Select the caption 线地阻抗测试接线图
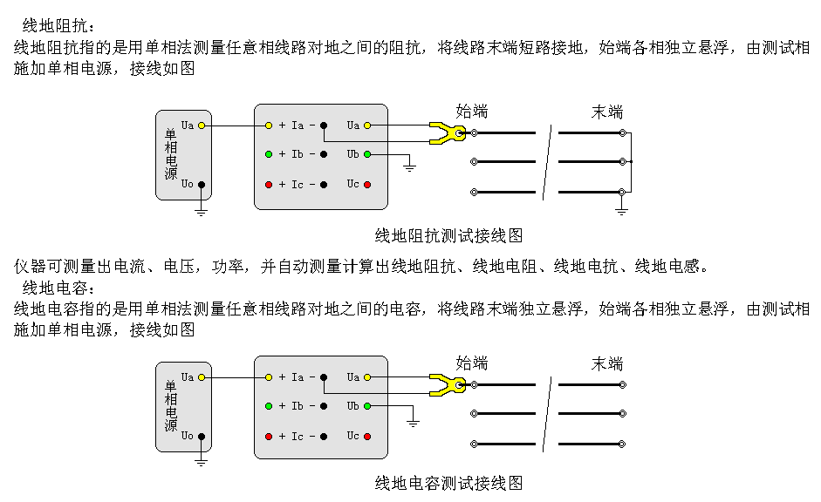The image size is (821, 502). (448, 235)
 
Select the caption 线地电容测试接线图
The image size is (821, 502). (448, 482)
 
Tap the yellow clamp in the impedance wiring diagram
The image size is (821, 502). (447, 133)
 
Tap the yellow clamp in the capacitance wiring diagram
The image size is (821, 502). (447, 383)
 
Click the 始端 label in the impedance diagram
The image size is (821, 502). (472, 111)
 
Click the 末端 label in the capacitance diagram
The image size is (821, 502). (607, 363)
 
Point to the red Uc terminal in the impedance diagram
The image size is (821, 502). (367, 185)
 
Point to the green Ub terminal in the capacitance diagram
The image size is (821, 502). (367, 406)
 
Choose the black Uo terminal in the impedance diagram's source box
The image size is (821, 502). (202, 184)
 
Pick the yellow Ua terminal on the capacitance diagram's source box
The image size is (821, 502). (202, 377)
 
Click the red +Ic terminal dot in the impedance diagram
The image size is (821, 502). (269, 185)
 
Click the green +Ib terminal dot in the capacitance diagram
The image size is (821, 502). (269, 406)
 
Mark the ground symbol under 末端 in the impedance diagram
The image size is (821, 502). (621, 210)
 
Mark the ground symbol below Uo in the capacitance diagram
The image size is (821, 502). (202, 460)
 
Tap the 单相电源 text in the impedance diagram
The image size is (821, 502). (171, 154)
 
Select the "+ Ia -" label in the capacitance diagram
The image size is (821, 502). (297, 377)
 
